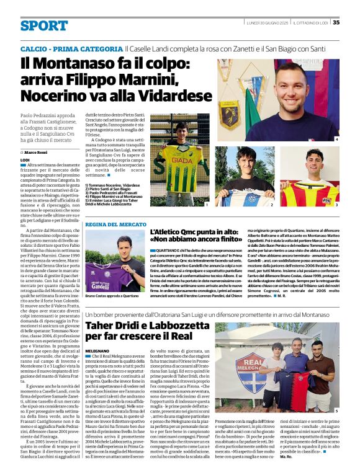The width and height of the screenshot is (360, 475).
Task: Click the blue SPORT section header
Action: pyautogui.click(x=43, y=25)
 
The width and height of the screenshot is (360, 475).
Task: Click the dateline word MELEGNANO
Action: pyautogui.click(x=97, y=350)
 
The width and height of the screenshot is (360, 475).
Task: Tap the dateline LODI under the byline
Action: pyautogui.click(x=25, y=159)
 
